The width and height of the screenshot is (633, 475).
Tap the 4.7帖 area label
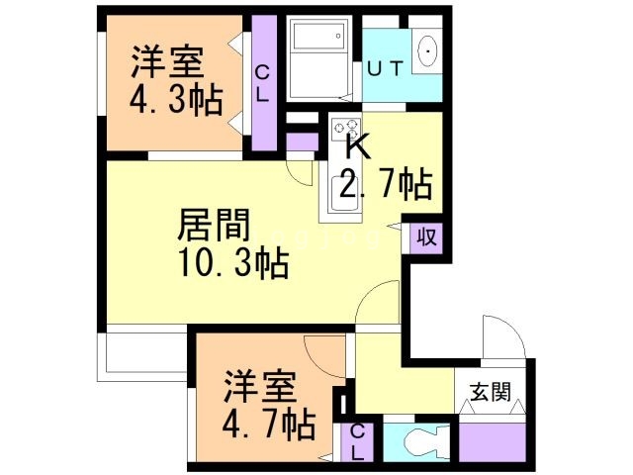click(x=268, y=426)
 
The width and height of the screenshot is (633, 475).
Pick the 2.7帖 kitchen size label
click(x=386, y=184)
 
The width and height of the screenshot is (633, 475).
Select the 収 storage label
click(x=426, y=237)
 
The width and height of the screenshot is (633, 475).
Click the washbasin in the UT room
click(x=428, y=50)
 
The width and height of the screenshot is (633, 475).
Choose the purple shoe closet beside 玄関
click(x=492, y=441)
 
